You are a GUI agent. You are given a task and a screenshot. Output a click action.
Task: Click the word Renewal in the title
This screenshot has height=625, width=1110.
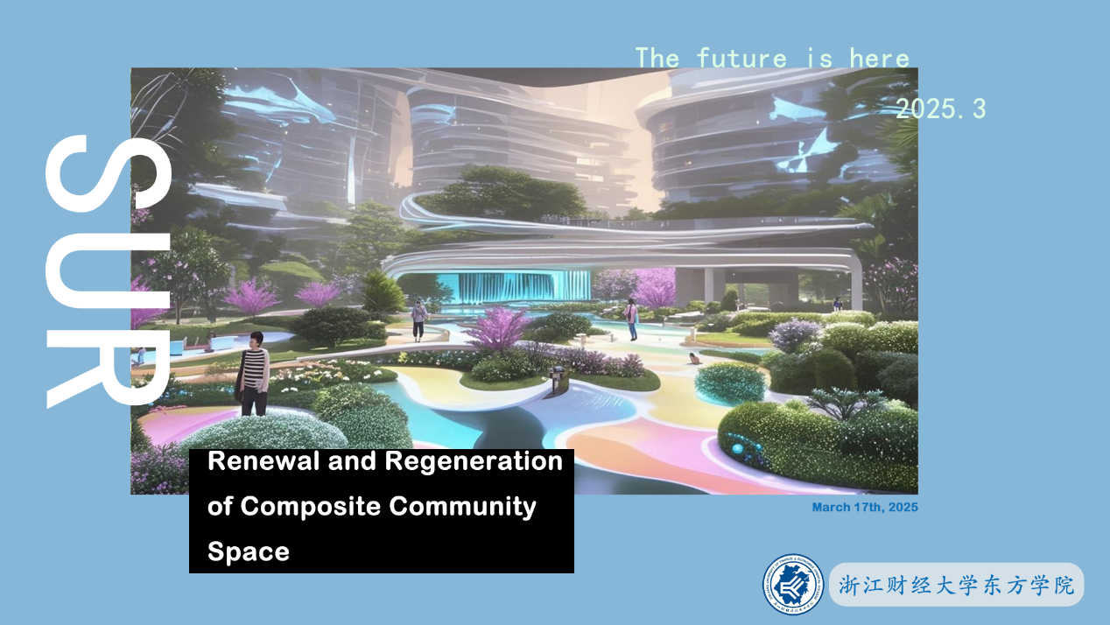coord(264,461)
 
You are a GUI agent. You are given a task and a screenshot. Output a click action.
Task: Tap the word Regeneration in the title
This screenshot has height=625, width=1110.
coord(474,462)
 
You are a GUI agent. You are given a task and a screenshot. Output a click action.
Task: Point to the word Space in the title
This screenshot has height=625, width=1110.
coord(249,552)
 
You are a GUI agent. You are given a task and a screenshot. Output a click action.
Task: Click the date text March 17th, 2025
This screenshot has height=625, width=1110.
coord(865,507)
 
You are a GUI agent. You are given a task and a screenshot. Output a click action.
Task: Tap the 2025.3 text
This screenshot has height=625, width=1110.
coord(941,109)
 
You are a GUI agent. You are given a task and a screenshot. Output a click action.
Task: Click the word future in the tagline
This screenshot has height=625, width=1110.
coord(741,58)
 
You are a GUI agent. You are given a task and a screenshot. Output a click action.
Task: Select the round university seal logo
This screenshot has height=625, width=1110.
coord(793,585)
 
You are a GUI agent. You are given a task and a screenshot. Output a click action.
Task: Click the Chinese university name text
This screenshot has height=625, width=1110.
coord(957,586)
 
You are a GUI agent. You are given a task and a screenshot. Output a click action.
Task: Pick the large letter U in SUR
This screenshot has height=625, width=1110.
coord(109,271)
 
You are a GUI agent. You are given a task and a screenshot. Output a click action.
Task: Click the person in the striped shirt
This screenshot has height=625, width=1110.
coord(254,374)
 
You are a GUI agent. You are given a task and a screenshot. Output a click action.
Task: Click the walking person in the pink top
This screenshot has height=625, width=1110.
coord(631,320)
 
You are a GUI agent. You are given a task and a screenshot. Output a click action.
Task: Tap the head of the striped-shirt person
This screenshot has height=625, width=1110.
coord(256,340)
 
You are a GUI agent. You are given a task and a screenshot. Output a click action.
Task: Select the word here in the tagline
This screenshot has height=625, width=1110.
coord(880,58)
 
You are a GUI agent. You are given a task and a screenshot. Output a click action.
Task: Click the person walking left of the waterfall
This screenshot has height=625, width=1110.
coord(418,321)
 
